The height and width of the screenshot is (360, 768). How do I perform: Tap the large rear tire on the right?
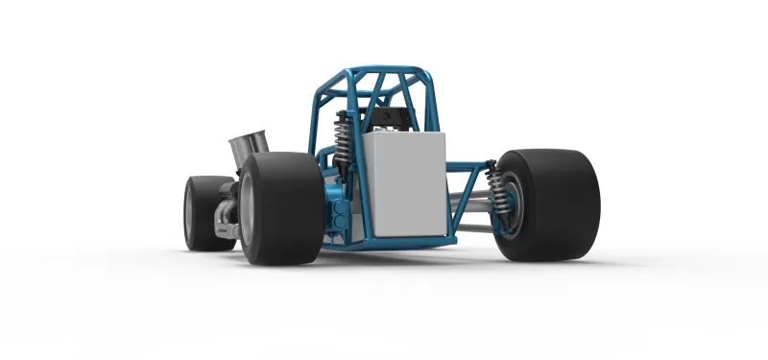click(x=552, y=204)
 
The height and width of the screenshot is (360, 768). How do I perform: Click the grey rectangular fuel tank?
click(x=405, y=183)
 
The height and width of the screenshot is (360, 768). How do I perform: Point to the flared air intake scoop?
click(x=249, y=149)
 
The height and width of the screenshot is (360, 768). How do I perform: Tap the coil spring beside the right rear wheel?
click(x=497, y=193)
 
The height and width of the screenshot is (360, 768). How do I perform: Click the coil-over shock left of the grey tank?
click(x=342, y=144)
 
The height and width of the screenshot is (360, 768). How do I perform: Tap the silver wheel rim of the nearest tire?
click(x=248, y=209)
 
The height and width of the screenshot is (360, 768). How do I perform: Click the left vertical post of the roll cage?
click(x=314, y=120)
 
